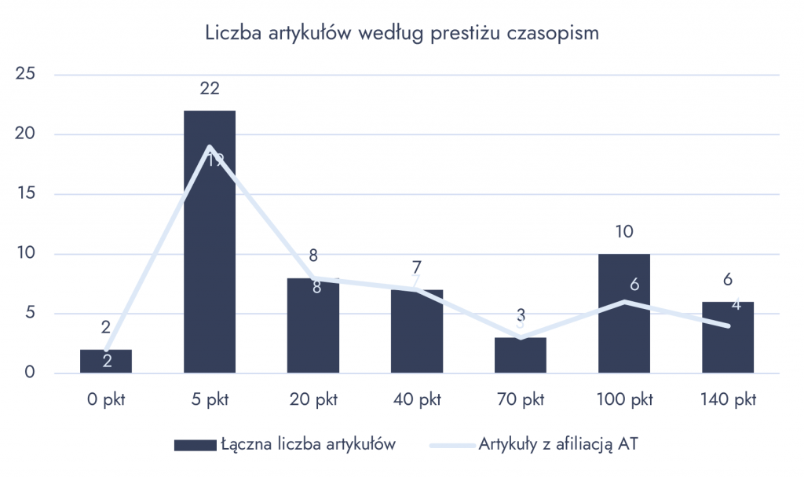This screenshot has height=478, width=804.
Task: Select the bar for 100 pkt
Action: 623,330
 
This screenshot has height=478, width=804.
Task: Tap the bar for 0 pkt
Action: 105,362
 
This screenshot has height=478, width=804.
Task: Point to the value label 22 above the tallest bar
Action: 209,89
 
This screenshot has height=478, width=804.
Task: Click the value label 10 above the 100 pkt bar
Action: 623,233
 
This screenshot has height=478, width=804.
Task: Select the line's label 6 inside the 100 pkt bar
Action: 634,285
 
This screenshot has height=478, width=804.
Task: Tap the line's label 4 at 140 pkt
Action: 736,305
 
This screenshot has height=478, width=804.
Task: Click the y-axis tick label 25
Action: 27,75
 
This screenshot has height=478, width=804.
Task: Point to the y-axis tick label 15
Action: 27,194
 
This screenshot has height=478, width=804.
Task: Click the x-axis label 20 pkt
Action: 312,399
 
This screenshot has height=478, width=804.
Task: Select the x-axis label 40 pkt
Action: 416,399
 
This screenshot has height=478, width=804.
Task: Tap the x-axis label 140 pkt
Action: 727,399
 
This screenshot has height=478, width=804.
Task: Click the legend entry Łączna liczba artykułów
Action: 307,444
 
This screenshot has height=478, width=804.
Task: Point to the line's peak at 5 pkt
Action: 210,146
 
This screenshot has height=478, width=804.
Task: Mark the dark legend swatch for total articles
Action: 194,445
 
